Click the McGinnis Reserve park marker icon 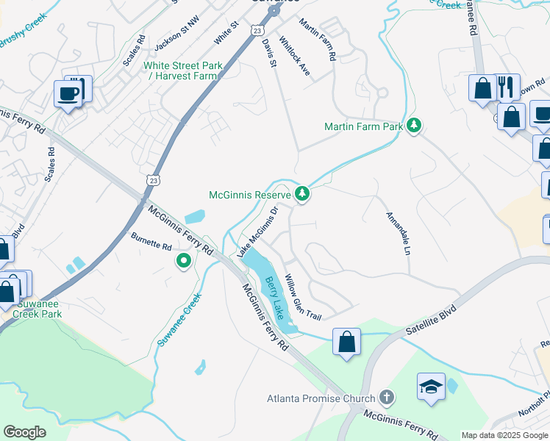(x=301, y=194)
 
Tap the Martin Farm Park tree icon (x=415, y=126)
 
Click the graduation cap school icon (x=431, y=386)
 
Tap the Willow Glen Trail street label (x=303, y=298)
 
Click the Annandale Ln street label (x=397, y=234)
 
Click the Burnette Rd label (x=151, y=241)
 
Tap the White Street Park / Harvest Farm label (x=183, y=71)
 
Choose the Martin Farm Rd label (x=317, y=40)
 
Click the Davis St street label (x=268, y=53)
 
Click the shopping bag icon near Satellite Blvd (x=346, y=342)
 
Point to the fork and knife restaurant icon (x=505, y=87)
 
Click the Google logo (x=25, y=432)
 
